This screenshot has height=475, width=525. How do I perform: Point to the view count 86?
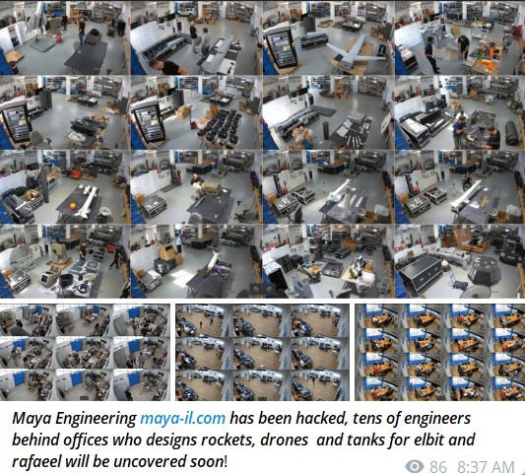pyautogui.click(x=438, y=466)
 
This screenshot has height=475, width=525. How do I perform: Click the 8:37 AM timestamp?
pyautogui.click(x=488, y=466)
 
